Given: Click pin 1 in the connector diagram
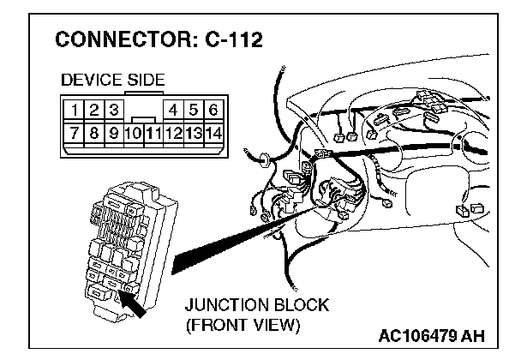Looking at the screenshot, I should tap(77, 110).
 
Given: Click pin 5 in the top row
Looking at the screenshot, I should tap(195, 110).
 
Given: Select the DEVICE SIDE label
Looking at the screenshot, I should tap(112, 81).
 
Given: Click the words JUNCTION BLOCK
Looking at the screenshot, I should tap(256, 306).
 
